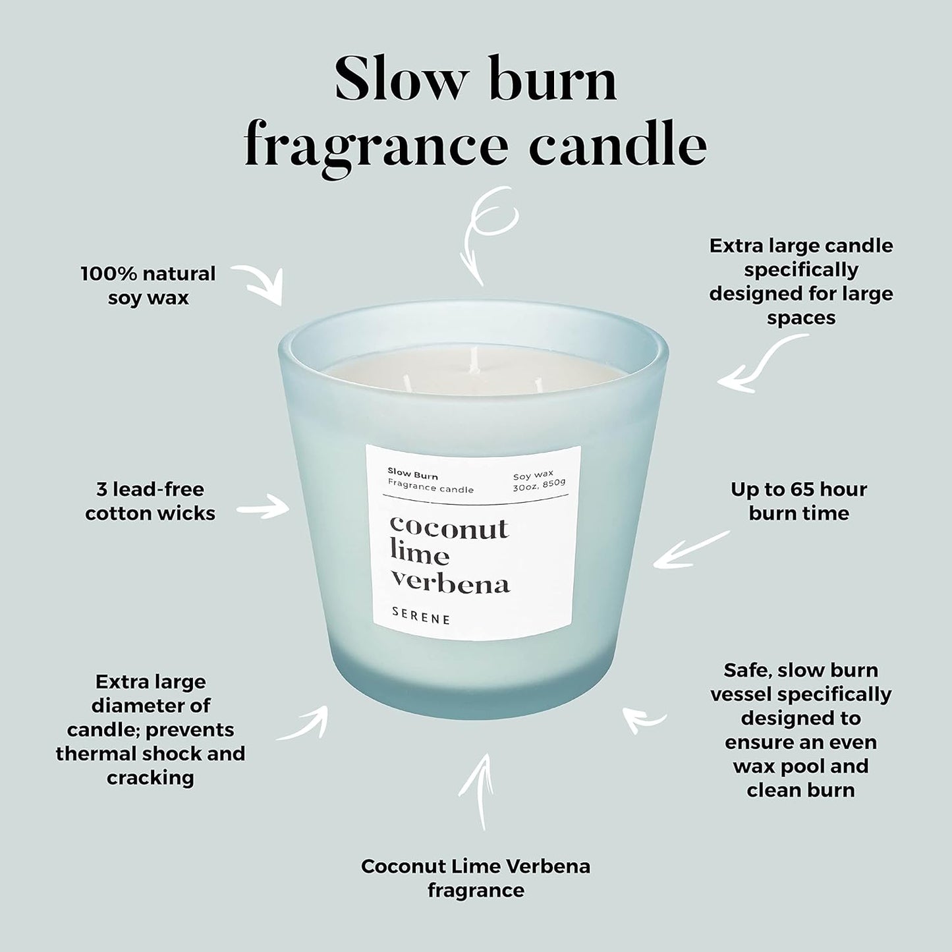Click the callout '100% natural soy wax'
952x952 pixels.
tap(148, 285)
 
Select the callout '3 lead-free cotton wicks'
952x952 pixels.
tap(150, 501)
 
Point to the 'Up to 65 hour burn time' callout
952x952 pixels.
tap(798, 501)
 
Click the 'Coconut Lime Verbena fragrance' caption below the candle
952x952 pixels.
tap(476, 878)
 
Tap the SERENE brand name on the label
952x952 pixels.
tap(421, 619)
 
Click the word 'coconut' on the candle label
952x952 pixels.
tap(449, 528)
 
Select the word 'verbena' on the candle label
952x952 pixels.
tap(450, 583)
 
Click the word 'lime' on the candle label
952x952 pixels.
tap(419, 555)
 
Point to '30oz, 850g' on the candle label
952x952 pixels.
tap(539, 488)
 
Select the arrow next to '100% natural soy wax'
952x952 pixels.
tap(260, 283)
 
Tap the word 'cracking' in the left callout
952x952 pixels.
tap(150, 777)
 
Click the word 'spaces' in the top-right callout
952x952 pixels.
tap(800, 318)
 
